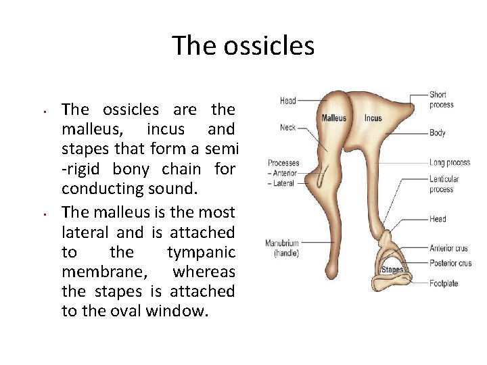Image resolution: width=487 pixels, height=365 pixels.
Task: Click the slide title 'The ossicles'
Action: coord(243,46)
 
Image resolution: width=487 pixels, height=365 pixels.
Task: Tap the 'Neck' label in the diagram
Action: coord(288,128)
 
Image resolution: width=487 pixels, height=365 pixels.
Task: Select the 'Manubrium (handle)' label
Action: coord(282,248)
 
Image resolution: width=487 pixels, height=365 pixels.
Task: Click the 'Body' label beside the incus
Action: coord(437,133)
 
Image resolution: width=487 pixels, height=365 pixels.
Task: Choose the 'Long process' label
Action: coord(449,162)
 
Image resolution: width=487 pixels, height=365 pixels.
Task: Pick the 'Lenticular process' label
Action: coord(444,184)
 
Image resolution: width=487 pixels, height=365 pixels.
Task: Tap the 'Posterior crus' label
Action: coord(450,263)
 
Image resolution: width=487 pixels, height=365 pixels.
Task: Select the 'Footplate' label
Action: coord(444,283)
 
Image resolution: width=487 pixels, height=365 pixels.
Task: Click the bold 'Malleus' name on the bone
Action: coord(334,118)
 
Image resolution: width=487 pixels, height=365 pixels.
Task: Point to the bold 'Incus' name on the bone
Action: coord(373,118)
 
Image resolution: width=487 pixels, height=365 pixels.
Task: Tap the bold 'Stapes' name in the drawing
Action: coord(392,270)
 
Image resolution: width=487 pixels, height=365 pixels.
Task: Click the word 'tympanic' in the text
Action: coord(200,253)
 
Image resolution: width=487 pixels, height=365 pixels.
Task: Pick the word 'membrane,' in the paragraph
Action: coord(94,272)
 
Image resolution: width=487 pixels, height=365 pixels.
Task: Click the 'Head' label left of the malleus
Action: coord(288,101)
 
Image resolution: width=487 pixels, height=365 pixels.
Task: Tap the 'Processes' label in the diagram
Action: coord(283,163)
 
